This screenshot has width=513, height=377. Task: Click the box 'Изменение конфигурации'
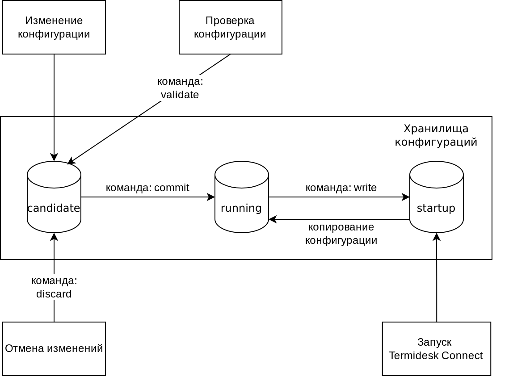click(54, 27)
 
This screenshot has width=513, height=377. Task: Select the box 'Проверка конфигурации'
click(230, 27)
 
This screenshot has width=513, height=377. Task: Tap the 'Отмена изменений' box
click(54, 349)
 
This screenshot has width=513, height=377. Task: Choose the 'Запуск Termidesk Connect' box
click(437, 349)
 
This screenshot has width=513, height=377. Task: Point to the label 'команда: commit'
click(147, 188)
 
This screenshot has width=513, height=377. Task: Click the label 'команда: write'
click(341, 188)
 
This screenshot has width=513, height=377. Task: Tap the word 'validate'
click(180, 95)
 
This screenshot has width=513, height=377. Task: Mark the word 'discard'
click(54, 294)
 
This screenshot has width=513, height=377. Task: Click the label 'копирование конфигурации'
click(341, 234)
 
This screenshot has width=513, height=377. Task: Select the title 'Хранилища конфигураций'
click(436, 135)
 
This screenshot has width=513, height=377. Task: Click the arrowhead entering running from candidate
click(211, 197)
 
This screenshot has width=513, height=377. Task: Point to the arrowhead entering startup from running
click(406, 197)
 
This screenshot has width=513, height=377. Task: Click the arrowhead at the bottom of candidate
click(54, 237)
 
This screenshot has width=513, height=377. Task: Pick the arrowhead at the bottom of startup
click(437, 237)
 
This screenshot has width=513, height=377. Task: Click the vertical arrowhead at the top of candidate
click(54, 158)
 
